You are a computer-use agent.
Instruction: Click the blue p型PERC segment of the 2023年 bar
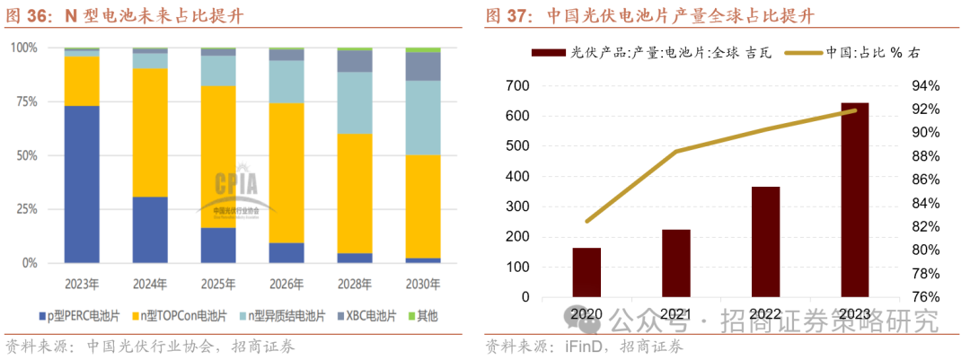coord(82,184)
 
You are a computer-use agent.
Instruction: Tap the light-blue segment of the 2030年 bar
coord(423,118)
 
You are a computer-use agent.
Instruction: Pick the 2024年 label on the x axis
coord(150,284)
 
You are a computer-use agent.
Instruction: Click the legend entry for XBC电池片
coord(366,316)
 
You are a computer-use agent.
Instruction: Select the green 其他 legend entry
coord(428,316)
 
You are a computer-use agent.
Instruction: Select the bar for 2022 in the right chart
coord(765,241)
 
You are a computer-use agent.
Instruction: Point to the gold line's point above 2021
coord(676,152)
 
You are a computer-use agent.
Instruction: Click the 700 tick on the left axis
coord(519,86)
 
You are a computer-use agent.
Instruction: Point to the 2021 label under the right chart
coord(676,314)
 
